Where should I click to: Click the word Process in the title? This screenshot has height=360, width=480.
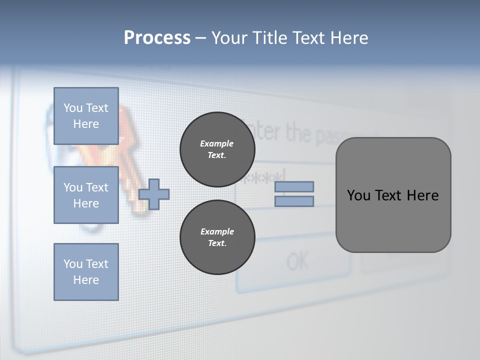(157, 38)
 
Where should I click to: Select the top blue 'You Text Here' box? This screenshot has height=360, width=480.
(86, 116)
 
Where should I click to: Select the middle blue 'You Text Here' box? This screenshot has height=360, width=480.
(86, 195)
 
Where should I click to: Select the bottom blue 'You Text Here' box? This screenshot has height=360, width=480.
(86, 272)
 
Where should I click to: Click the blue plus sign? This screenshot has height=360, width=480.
(154, 194)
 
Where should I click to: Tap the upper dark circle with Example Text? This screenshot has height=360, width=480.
(217, 149)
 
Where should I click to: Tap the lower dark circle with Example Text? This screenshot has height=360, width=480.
(217, 237)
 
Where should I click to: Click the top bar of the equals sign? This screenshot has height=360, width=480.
(294, 186)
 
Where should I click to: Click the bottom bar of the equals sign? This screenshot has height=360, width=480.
(294, 201)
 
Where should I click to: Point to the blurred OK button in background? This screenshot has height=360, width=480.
(298, 261)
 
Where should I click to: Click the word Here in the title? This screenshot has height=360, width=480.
(349, 38)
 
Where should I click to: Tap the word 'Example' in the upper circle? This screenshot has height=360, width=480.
(216, 143)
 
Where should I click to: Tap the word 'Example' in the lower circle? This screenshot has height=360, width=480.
(217, 231)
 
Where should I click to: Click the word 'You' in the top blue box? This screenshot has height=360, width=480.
(73, 108)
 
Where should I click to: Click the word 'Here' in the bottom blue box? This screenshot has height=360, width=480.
(86, 280)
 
